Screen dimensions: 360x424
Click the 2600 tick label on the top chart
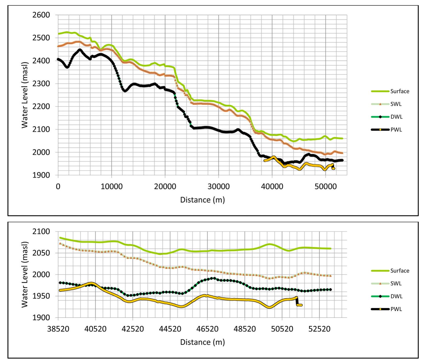pyautogui.click(x=41, y=15)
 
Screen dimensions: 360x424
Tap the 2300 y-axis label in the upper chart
pyautogui.click(x=41, y=84)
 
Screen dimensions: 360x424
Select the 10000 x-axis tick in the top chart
pyautogui.click(x=111, y=186)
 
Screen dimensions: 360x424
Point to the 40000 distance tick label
pyautogui.click(x=272, y=186)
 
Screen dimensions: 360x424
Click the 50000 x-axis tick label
pyautogui.click(x=325, y=186)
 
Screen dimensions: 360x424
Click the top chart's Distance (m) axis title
pyautogui.click(x=202, y=200)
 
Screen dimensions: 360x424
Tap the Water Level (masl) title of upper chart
pyautogui.click(x=25, y=95)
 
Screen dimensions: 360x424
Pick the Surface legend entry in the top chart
pyautogui.click(x=400, y=91)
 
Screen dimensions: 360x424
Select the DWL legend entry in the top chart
pyautogui.click(x=396, y=117)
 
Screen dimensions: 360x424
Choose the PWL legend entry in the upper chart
pyautogui.click(x=396, y=130)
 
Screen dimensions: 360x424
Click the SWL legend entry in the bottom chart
pyautogui.click(x=396, y=283)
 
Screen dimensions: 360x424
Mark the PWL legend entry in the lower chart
pyautogui.click(x=396, y=309)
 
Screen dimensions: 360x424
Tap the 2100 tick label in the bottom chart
pyautogui.click(x=41, y=232)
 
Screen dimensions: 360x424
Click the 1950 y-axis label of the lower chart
pyautogui.click(x=41, y=296)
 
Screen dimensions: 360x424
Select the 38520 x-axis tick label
pyautogui.click(x=58, y=329)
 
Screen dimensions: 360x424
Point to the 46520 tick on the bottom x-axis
pyautogui.click(x=207, y=329)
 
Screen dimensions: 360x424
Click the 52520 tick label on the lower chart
pyautogui.click(x=319, y=329)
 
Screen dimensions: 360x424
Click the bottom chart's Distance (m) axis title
pyautogui.click(x=202, y=342)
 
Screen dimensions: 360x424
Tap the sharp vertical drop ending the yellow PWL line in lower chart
pyautogui.click(x=297, y=301)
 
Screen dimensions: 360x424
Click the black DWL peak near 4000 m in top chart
pyautogui.click(x=79, y=50)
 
